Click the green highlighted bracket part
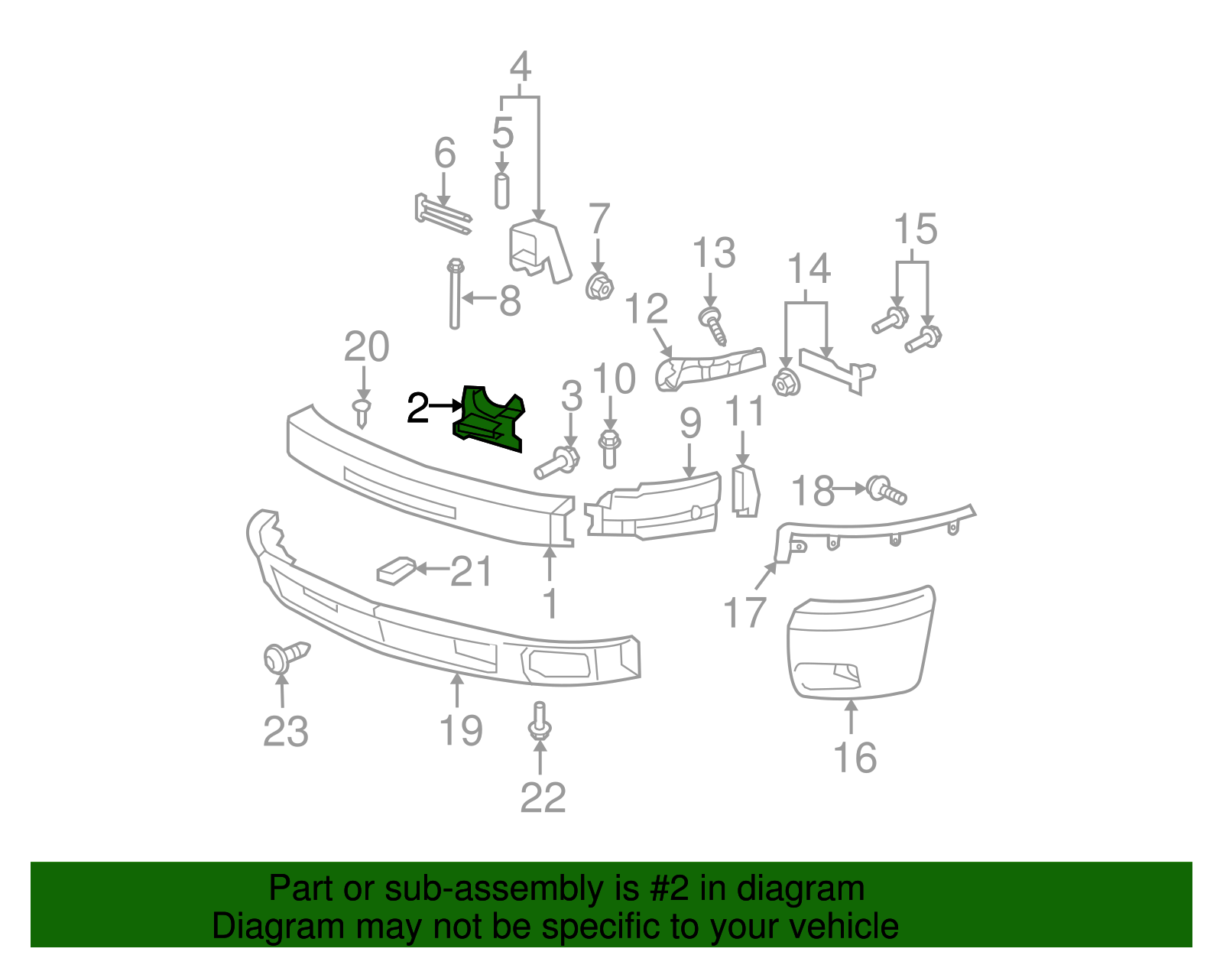click(489, 419)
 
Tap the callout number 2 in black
click(417, 408)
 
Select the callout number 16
click(855, 758)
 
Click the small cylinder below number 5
click(502, 190)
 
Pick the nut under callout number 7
click(599, 287)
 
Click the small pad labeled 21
click(396, 570)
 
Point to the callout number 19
click(461, 730)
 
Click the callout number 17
click(745, 612)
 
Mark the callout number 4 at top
click(521, 67)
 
